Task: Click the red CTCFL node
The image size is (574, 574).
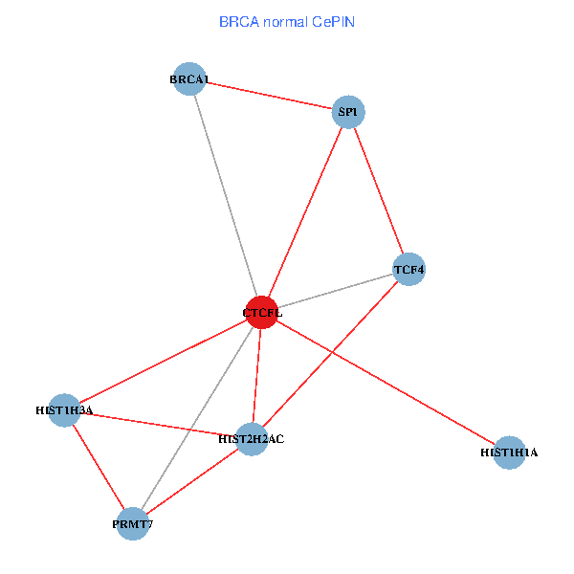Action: click(x=262, y=313)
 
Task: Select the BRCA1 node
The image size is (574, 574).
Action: click(x=190, y=79)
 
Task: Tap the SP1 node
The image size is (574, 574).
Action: click(x=348, y=113)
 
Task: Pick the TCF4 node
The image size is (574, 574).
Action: click(x=408, y=270)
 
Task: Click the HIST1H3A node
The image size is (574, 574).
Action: click(x=64, y=410)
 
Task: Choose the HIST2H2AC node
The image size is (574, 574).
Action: click(x=251, y=439)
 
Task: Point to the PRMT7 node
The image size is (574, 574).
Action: click(x=133, y=524)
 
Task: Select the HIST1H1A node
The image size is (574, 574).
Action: click(x=510, y=453)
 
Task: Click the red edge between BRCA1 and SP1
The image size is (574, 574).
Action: click(x=269, y=96)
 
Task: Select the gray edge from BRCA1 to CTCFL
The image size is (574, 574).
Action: click(x=226, y=196)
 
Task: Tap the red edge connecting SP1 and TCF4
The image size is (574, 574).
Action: click(x=378, y=191)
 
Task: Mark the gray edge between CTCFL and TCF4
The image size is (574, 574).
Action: click(x=335, y=292)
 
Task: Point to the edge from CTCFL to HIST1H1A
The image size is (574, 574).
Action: click(x=386, y=383)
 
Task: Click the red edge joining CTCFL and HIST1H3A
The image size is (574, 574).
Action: click(x=163, y=362)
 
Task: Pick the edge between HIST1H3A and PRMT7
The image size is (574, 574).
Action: click(x=99, y=467)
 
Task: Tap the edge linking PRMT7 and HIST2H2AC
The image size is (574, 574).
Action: click(x=191, y=482)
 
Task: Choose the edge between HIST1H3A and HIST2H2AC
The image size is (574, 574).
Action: click(x=157, y=425)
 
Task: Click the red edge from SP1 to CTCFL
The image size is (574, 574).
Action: click(x=305, y=212)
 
